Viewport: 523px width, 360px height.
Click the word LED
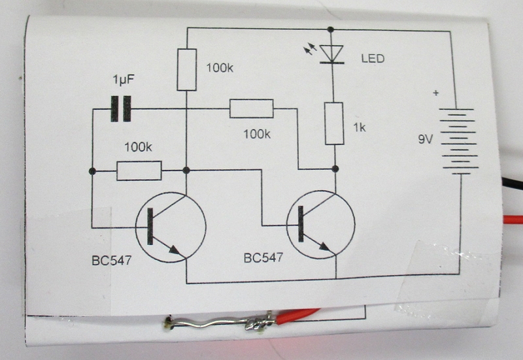pos(373,59)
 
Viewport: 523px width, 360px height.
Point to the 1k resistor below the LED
pos(334,123)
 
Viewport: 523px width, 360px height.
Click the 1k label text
pos(358,128)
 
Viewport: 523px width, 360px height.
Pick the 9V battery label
pos(426,139)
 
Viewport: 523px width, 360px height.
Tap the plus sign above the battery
pos(436,93)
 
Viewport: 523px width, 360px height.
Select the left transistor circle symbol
pos(171,227)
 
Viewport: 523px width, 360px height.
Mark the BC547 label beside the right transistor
pos(263,257)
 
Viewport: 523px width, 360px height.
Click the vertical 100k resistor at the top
pos(186,69)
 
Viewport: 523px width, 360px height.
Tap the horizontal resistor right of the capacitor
pos(251,108)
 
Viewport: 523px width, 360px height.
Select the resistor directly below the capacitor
pos(139,171)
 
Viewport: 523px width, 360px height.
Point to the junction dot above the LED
pos(331,29)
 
